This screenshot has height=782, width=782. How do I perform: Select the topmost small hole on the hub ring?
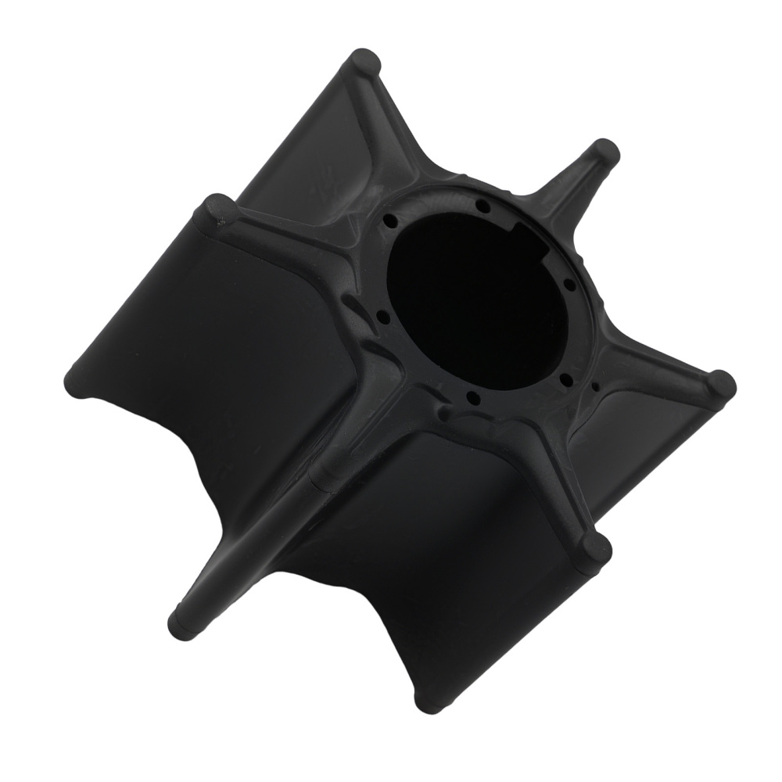483,206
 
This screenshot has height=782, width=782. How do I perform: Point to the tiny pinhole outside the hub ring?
595,386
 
